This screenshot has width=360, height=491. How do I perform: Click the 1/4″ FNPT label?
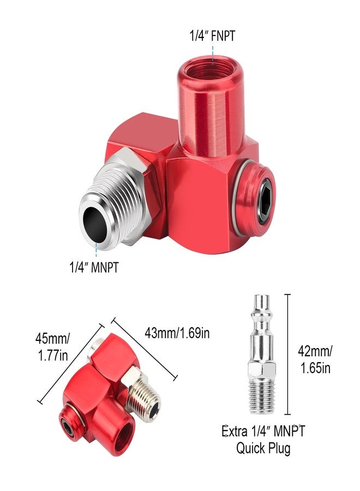click(212, 37)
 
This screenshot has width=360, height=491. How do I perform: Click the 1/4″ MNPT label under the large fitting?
click(93, 267)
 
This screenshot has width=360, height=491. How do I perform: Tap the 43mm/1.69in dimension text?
click(177, 332)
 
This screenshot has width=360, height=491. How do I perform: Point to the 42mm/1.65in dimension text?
click(316, 359)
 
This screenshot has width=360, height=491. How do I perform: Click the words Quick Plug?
click(263, 448)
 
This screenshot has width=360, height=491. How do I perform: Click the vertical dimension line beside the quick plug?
click(287, 355)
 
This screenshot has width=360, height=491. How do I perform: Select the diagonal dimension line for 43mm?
click(145, 349)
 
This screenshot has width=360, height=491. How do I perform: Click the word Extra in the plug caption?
click(235, 432)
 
